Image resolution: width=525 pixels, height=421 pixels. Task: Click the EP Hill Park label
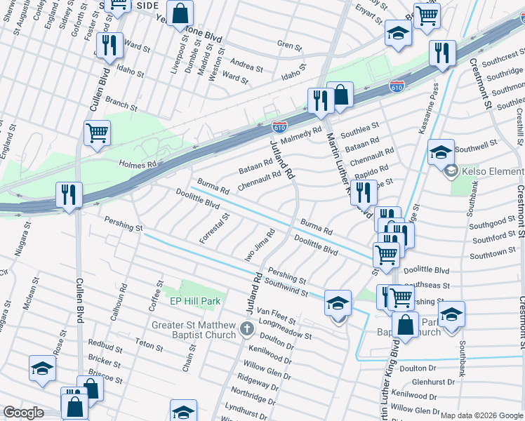pyautogui.click(x=195, y=301)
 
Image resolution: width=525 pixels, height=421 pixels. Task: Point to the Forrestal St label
pyautogui.click(x=214, y=228)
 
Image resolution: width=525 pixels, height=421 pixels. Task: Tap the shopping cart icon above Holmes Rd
pyautogui.click(x=97, y=133)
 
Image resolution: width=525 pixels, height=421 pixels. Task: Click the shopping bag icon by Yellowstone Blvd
pyautogui.click(x=180, y=13)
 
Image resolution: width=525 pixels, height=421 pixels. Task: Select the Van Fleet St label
pyautogui.click(x=276, y=316)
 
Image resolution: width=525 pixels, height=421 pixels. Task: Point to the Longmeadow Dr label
pyautogui.click(x=285, y=330)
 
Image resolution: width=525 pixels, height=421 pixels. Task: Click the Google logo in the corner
pyautogui.click(x=23, y=413)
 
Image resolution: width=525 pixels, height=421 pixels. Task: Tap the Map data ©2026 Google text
pyautogui.click(x=481, y=415)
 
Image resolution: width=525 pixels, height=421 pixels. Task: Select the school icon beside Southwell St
pyautogui.click(x=440, y=151)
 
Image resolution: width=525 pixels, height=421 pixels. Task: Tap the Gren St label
pyautogui.click(x=288, y=47)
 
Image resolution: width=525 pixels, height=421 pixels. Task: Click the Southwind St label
pyautogui.click(x=287, y=288)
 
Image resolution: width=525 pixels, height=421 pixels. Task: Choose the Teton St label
pyautogui.click(x=149, y=345)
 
